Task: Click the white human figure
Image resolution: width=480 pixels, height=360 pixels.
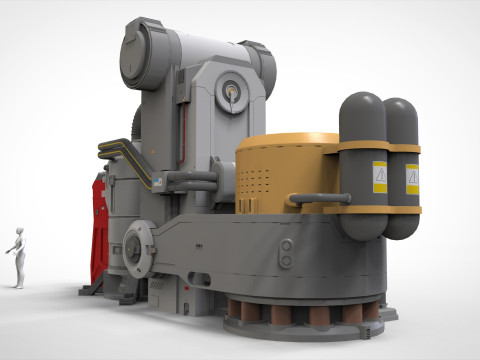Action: (x=17, y=259)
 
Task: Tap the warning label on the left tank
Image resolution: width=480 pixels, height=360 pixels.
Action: (x=380, y=178)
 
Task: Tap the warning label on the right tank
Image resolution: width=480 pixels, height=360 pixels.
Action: (x=412, y=179)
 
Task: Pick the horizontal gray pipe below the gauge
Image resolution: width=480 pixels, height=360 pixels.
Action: (x=190, y=181)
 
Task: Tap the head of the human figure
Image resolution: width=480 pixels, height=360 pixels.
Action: (x=18, y=232)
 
